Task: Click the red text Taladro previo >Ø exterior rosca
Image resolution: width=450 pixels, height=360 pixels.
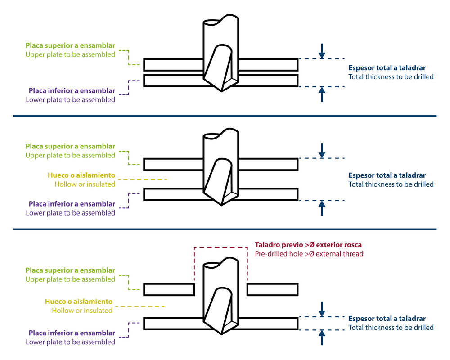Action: pyautogui.click(x=308, y=245)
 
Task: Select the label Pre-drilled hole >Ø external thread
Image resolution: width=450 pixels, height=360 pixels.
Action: pyautogui.click(x=309, y=254)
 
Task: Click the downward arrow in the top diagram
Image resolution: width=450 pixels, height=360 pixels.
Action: pyautogui.click(x=321, y=51)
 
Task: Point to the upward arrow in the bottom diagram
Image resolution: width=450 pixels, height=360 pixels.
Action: pyautogui.click(x=321, y=337)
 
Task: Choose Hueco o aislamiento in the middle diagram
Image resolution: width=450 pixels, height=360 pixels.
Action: pyautogui.click(x=81, y=175)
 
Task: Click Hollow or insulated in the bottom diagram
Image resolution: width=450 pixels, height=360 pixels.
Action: pyautogui.click(x=82, y=310)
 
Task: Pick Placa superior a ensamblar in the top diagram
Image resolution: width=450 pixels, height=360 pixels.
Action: pyautogui.click(x=70, y=45)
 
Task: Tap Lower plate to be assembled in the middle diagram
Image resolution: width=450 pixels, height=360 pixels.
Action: pyautogui.click(x=70, y=213)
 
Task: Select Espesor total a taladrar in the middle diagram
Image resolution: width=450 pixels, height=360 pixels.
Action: pyautogui.click(x=387, y=175)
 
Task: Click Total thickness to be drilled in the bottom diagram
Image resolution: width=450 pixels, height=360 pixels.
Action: pyautogui.click(x=391, y=328)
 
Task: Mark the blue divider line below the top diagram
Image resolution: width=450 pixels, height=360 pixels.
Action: pyautogui.click(x=225, y=116)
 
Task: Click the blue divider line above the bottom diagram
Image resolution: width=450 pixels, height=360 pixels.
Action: pyautogui.click(x=225, y=229)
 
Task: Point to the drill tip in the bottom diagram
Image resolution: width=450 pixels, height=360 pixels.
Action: pyautogui.click(x=221, y=333)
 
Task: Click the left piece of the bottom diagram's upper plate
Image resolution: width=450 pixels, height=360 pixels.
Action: pyautogui.click(x=169, y=289)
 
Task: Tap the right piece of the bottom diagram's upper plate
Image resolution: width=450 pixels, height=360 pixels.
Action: pyautogui.click(x=272, y=289)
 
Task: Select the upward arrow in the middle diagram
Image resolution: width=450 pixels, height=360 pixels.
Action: pyautogui.click(x=321, y=208)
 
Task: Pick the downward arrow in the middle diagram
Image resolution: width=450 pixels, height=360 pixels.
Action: pyautogui.click(x=321, y=150)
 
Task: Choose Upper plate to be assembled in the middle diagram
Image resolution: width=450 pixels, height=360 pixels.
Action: pyautogui.click(x=70, y=155)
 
